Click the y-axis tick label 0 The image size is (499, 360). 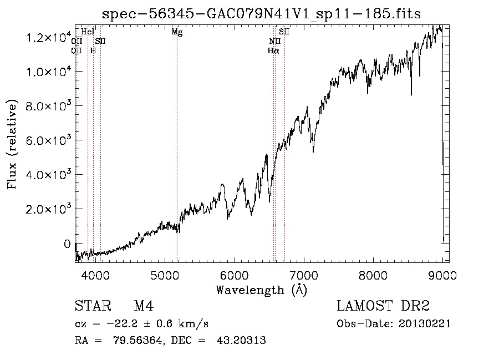[67, 244]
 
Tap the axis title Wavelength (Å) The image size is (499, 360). [261, 289]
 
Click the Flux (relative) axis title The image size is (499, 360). [13, 144]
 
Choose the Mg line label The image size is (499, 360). [177, 32]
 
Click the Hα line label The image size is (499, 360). [273, 50]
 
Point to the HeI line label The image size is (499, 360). [88, 32]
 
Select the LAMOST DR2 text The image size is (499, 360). [383, 306]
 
